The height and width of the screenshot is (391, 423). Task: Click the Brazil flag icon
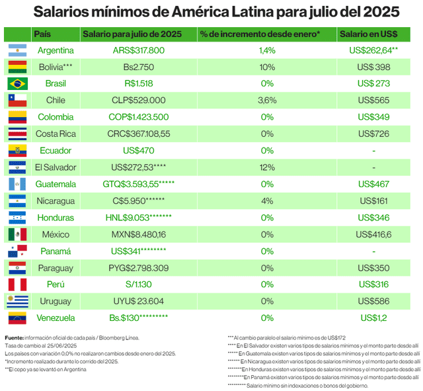17,83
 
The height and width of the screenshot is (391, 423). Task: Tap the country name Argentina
56,50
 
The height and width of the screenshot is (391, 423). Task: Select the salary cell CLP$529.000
138,101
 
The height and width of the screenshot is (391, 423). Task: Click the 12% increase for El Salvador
267,167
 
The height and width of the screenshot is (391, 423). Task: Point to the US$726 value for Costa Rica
374,134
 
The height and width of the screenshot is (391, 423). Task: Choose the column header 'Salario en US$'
373,34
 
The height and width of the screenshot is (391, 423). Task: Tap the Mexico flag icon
17,234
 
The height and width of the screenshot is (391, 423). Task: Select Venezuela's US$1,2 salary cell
374,318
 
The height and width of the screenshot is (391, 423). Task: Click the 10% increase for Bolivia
267,67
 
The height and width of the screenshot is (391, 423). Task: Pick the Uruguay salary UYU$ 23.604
138,301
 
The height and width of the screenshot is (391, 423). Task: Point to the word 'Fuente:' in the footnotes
15,338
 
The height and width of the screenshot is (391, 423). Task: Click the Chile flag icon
17,101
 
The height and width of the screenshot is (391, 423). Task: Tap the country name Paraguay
56,268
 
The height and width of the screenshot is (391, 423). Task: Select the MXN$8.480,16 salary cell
138,234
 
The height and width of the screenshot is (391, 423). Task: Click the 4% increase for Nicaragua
267,201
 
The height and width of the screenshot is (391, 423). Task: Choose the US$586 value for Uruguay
374,301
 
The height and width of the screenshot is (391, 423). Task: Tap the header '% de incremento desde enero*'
260,34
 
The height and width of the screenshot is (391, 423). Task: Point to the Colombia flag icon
17,117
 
